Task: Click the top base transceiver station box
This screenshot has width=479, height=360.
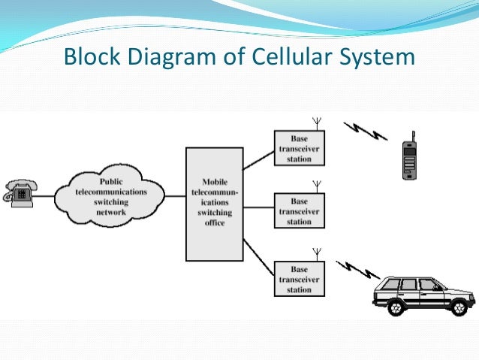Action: [x=299, y=149]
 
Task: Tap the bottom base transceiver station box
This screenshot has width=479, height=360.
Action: [x=299, y=279]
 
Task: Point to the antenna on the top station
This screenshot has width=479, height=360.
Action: [x=315, y=121]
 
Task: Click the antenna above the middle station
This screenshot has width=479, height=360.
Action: [x=316, y=184]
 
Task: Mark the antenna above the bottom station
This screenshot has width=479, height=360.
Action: [x=315, y=252]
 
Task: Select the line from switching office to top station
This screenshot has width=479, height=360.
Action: [x=258, y=157]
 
